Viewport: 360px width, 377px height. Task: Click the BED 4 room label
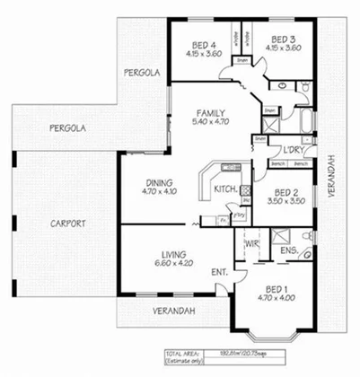click(206, 45)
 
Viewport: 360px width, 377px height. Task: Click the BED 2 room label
click(285, 192)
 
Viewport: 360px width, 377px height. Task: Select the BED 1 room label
click(276, 289)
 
